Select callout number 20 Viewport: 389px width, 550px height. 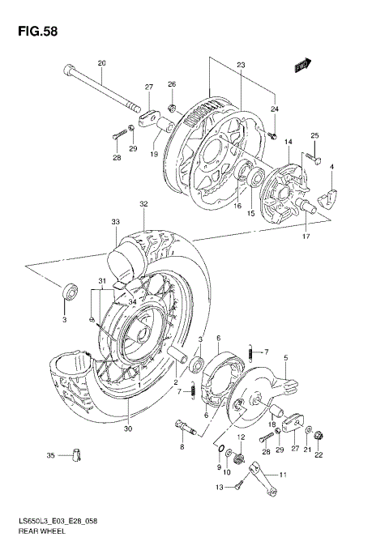tap(102, 63)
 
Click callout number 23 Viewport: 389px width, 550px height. tap(241, 66)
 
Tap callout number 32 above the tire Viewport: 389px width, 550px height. tap(143, 203)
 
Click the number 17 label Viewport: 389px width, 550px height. tap(306, 237)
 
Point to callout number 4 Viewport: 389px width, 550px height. tap(331, 168)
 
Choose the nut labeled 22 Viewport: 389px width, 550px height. tap(318, 438)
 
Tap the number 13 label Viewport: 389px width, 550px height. tap(220, 486)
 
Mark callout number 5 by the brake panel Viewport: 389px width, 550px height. tap(285, 357)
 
